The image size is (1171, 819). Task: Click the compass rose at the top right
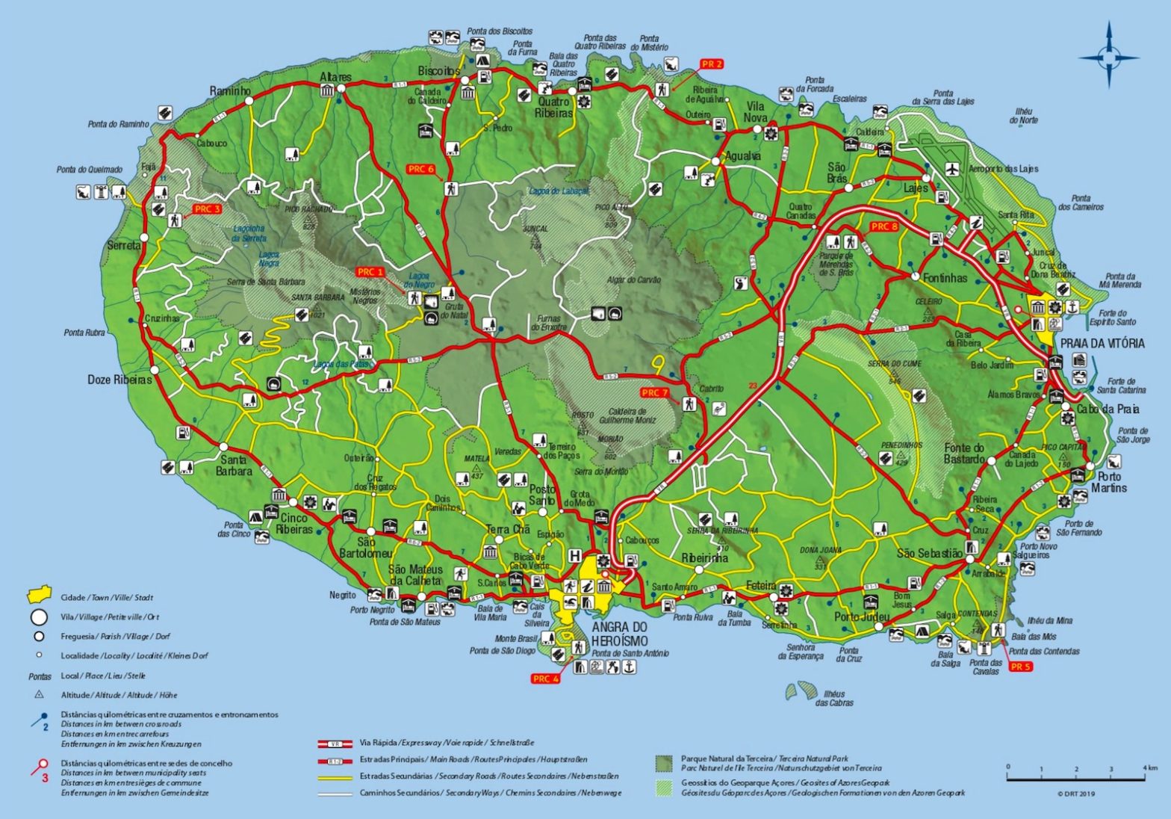click(1109, 56)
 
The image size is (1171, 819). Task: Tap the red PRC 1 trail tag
click(370, 272)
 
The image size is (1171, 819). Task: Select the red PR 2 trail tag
click(712, 64)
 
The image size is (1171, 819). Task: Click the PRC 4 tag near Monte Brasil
click(545, 679)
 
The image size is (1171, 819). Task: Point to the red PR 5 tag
click(1020, 666)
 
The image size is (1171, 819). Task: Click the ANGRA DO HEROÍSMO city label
click(619, 634)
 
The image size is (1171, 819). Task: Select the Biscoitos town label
click(438, 70)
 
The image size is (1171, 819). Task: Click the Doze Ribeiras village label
click(119, 380)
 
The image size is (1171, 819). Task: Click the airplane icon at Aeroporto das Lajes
click(951, 170)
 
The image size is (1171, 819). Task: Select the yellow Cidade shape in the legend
click(38, 596)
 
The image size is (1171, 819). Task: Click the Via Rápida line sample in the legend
click(335, 744)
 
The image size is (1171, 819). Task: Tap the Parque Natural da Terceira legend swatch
click(664, 763)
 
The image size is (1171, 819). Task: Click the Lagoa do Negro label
click(419, 280)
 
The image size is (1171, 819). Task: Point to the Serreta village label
click(123, 245)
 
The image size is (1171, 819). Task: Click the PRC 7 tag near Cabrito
click(654, 392)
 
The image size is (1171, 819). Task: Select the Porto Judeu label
click(862, 617)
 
